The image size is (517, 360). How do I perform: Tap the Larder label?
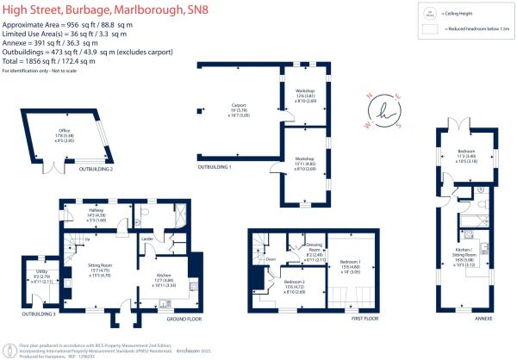147,237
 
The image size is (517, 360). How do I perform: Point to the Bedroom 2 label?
295,286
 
